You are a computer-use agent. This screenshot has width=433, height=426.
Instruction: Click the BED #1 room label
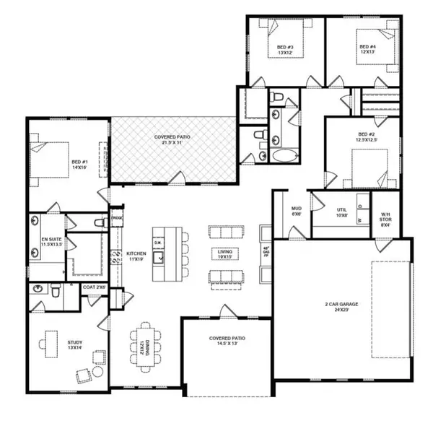coord(79,165)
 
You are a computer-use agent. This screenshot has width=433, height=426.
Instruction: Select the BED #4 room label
coord(368,50)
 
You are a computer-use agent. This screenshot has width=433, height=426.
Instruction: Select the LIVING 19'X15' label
coord(224,254)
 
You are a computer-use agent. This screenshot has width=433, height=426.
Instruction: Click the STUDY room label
coord(75,345)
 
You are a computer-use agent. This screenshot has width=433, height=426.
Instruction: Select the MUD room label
coord(296,211)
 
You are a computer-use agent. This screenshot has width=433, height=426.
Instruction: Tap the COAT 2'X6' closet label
coord(94,287)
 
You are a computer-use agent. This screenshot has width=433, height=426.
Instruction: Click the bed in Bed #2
coord(369,167)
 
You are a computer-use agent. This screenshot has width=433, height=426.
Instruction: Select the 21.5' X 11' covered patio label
coord(173,139)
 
